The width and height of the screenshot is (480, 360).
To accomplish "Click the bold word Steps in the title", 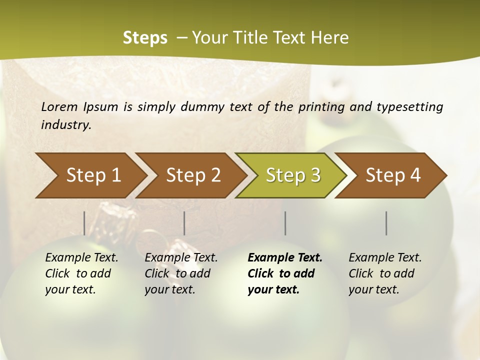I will (x=145, y=38).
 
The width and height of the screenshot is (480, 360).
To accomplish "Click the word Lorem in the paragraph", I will (x=59, y=106).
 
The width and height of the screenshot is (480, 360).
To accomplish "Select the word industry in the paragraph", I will (x=66, y=125).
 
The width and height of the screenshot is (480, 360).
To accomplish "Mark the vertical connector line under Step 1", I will (x=84, y=223).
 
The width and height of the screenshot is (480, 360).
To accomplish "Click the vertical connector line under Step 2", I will (x=184, y=223).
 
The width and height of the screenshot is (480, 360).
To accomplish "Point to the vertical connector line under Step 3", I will (x=285, y=223).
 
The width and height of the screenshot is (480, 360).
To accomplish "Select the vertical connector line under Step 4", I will (x=386, y=223).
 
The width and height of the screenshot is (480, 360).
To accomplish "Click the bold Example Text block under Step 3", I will (x=284, y=273).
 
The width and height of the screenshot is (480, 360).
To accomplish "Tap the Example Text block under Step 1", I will (x=81, y=273).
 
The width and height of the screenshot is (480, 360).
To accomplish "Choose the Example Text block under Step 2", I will (x=181, y=273).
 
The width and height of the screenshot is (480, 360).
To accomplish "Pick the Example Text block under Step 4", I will (x=385, y=273).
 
